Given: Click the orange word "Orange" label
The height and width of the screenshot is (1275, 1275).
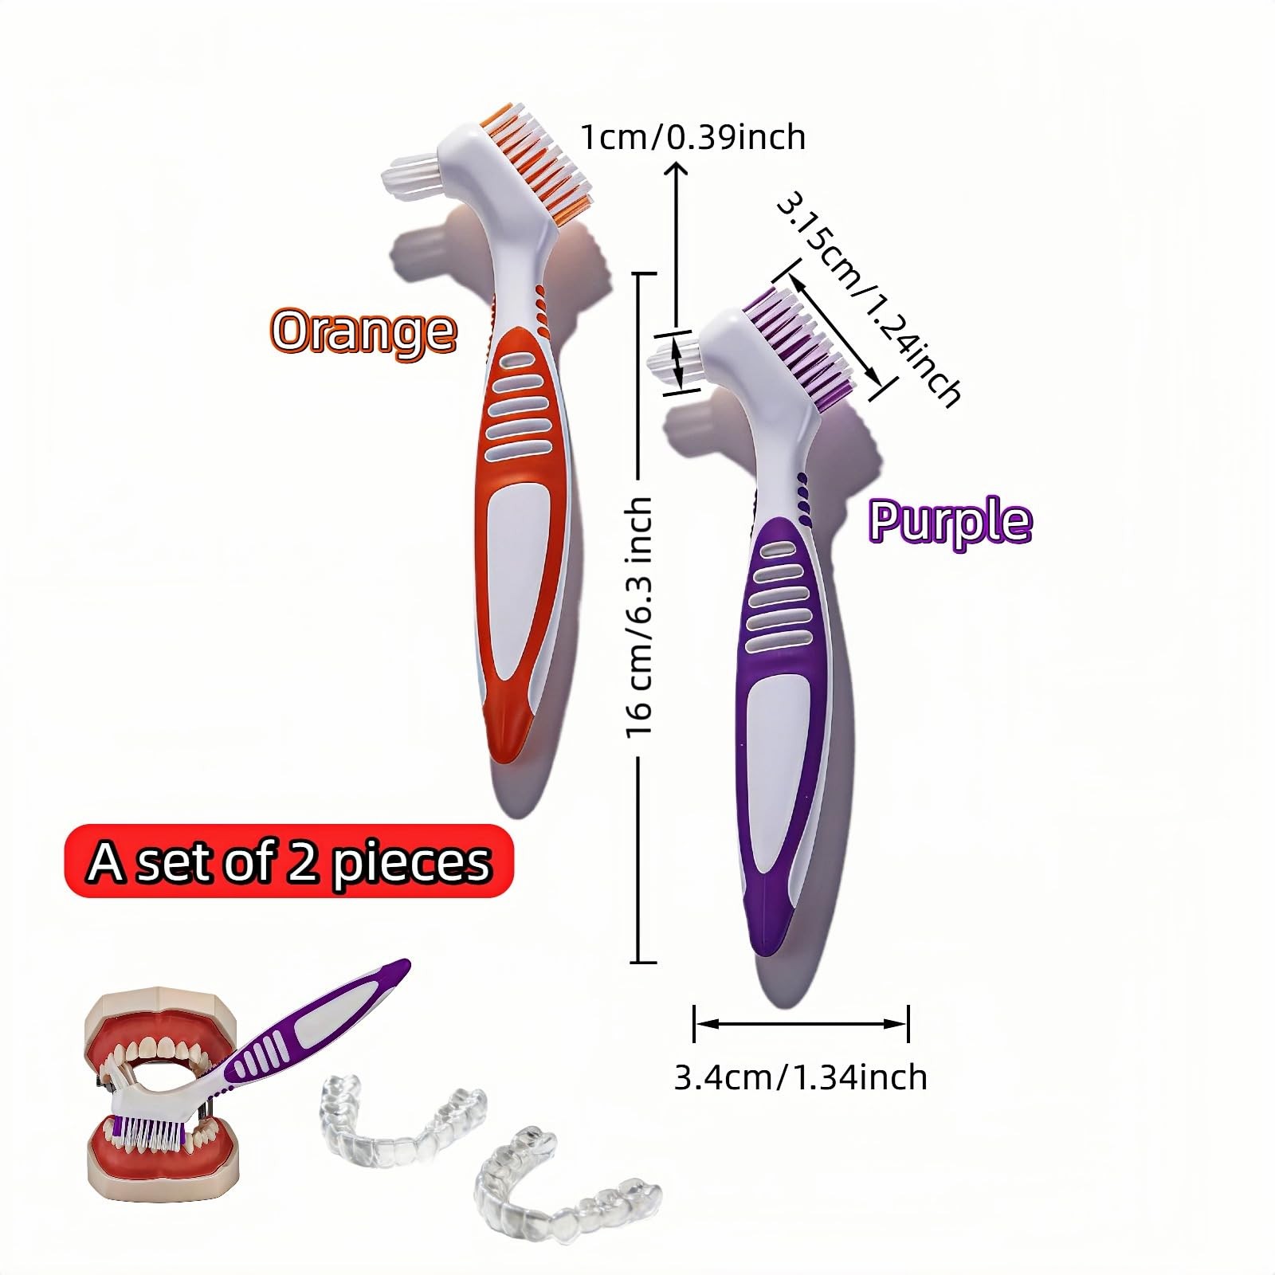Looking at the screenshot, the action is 363,331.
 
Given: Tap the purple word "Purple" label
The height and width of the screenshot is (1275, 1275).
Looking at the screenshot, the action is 950,521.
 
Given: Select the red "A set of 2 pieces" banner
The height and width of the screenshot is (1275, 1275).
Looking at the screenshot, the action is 288,861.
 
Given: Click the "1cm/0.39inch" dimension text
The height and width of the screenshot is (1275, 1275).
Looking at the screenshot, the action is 692,137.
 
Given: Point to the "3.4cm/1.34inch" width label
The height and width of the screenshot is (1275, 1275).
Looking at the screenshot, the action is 800,1077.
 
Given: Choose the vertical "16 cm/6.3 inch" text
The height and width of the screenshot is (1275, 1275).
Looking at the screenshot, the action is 639,617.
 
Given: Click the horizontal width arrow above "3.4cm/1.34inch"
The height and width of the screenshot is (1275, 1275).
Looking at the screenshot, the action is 801,1024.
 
